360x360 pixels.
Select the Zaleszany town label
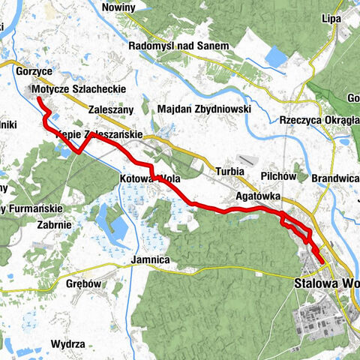[x=110, y=109]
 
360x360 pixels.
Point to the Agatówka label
[x=257, y=196]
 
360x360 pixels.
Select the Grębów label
[x=83, y=285]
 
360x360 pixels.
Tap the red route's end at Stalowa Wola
[x=322, y=261]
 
